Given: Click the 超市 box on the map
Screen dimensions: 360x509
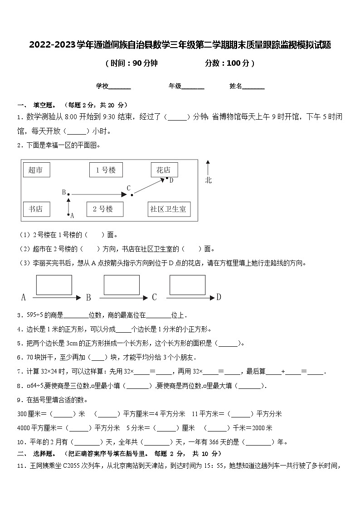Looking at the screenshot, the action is coord(36,170).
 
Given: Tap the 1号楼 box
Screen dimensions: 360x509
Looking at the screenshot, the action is coord(106,170).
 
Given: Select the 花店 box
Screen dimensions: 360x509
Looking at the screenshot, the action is coord(164,170).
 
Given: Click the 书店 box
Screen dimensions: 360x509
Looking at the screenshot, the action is coord(36,209).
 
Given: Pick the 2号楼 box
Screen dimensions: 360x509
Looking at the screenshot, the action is coord(105,209).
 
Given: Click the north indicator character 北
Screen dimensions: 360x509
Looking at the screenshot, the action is coord(208,180).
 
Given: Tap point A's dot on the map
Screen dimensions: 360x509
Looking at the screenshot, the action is coord(68,214).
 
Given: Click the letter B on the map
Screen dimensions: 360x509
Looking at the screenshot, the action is coord(64,192).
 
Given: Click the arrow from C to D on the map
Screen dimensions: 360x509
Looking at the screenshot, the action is coord(149,186).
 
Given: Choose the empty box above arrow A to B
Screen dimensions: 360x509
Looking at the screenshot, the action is coord(54,285).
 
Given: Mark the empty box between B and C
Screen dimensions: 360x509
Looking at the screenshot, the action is coord(122,285).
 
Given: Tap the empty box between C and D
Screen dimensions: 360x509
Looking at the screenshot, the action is coord(188,285).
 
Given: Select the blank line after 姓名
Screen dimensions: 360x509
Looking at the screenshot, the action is coord(253,87).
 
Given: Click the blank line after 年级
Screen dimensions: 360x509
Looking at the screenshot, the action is coord(193,87).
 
